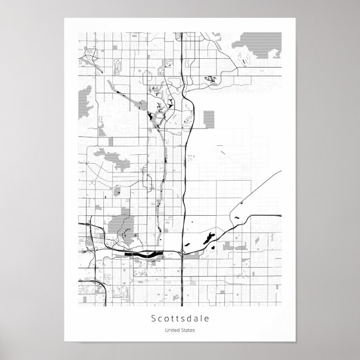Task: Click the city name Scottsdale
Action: (x=179, y=319)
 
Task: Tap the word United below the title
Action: (x=172, y=331)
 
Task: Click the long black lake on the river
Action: (x=144, y=254)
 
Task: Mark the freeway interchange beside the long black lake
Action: (x=182, y=254)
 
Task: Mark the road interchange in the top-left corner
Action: (x=88, y=55)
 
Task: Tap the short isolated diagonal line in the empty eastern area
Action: (x=222, y=149)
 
